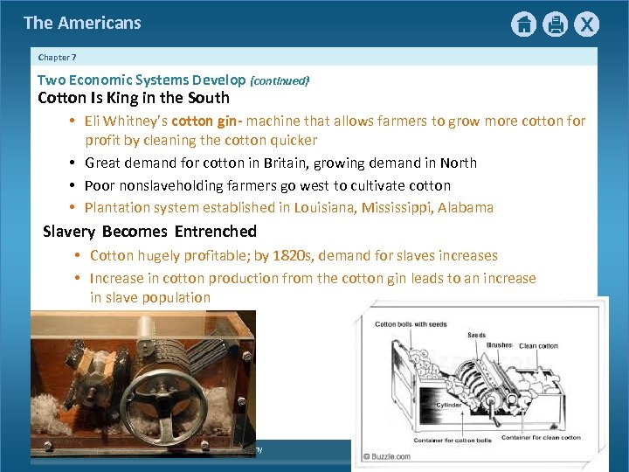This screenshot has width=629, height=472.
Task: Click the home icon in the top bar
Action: [x=523, y=24]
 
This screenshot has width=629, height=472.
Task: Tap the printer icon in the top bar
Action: [x=555, y=24]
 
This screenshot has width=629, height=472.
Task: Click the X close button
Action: [x=586, y=24]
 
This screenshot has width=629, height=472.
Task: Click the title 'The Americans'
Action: [x=82, y=23]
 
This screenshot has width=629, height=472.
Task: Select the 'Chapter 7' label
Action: [x=58, y=57]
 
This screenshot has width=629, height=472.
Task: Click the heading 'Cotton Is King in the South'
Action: [x=134, y=98]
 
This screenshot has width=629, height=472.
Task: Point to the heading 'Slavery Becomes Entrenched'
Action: [x=149, y=232]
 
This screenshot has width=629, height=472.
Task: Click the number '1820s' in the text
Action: [x=294, y=256]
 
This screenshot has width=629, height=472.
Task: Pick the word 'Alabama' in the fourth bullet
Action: [x=465, y=208]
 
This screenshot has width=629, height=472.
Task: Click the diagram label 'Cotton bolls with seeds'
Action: [x=411, y=324]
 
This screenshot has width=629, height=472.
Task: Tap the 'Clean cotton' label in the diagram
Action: [x=539, y=346]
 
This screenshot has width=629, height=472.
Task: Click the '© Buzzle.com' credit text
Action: [x=391, y=455]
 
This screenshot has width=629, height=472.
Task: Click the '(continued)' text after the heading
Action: [x=280, y=80]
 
